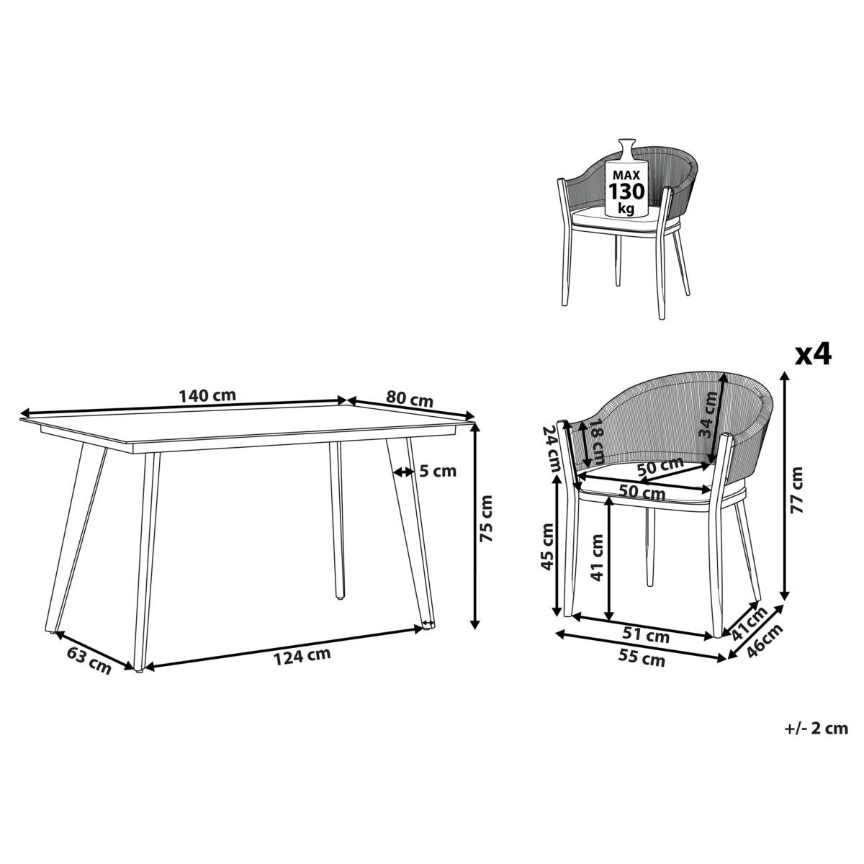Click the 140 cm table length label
click(x=207, y=396)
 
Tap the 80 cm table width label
click(x=410, y=400)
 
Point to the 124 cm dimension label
click(x=302, y=657)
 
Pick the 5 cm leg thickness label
click(x=438, y=471)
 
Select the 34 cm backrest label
click(x=708, y=414)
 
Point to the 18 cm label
click(x=596, y=441)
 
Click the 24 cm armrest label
click(x=552, y=449)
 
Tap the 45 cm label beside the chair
click(x=547, y=546)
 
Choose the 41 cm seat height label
click(x=597, y=558)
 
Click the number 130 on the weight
click(x=626, y=192)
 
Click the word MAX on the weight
click(x=626, y=175)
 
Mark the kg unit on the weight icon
click(x=626, y=209)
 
